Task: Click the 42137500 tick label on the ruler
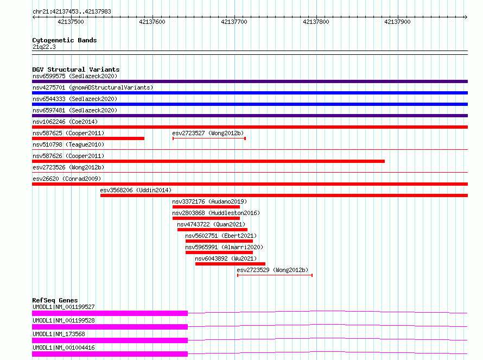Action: tap(71, 22)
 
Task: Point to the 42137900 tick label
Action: tap(397, 22)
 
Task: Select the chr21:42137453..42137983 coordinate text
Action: tap(72, 12)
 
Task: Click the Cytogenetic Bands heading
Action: tap(65, 40)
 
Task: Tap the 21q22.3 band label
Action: tap(44, 47)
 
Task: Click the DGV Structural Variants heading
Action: tap(76, 70)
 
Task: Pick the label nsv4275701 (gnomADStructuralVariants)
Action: tap(93, 87)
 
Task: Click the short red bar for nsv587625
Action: tap(88, 138)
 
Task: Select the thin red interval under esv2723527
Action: tap(209, 138)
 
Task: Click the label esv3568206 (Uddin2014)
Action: tap(136, 190)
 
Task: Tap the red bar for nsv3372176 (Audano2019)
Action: tap(206, 207)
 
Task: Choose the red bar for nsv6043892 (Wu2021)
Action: tap(230, 264)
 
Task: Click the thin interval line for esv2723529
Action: tap(275, 275)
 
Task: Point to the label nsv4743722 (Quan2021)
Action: tap(211, 224)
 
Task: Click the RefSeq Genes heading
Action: tap(55, 300)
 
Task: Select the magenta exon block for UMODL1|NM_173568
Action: tap(110, 340)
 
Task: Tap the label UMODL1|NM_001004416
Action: tap(63, 348)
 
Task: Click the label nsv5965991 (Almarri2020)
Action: tap(224, 247)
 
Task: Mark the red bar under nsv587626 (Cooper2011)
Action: tap(208, 161)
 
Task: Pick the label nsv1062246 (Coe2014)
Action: tap(65, 122)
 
